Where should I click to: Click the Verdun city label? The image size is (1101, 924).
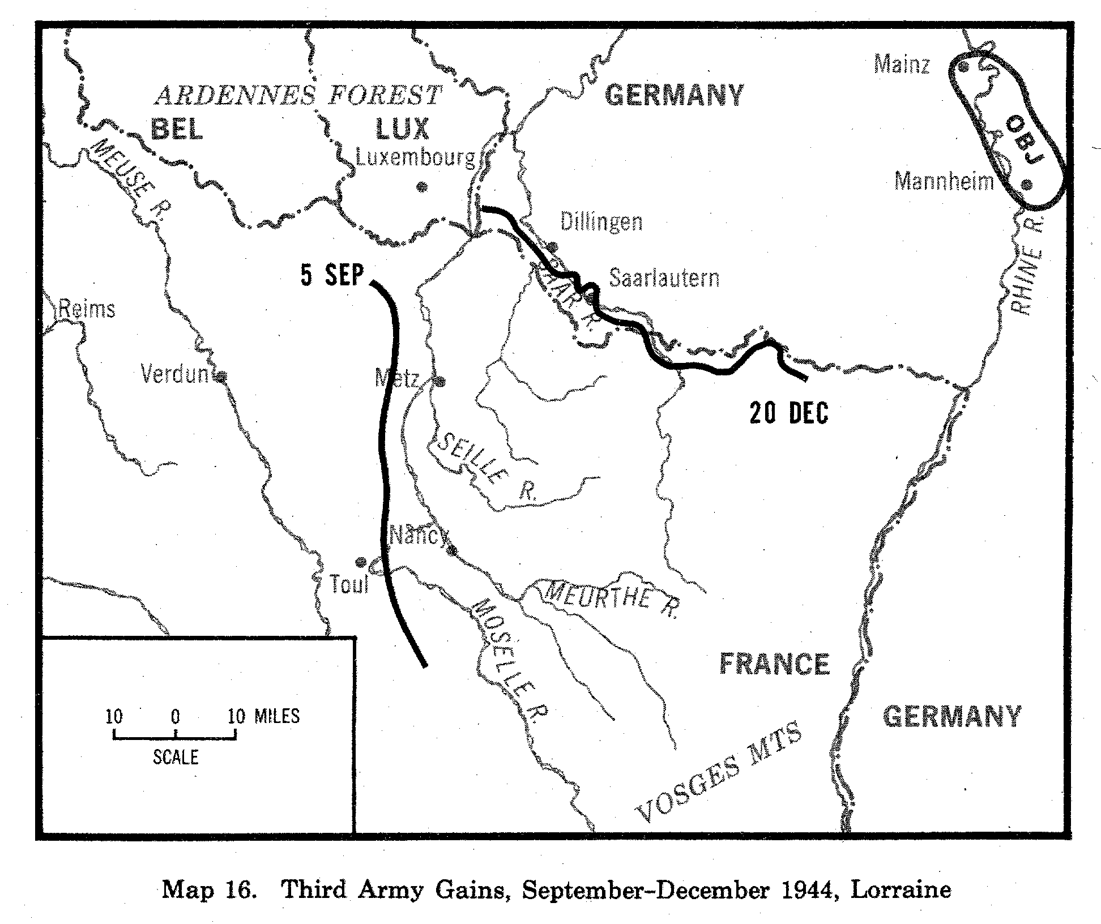click(x=174, y=374)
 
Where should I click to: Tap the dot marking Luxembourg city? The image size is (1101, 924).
click(x=421, y=187)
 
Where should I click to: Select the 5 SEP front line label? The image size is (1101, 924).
click(x=332, y=276)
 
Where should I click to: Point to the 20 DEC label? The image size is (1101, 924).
click(x=788, y=413)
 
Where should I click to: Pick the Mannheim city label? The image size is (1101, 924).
click(x=944, y=182)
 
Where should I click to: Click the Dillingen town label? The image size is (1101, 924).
click(x=601, y=221)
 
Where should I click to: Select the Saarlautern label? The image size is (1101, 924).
click(x=664, y=278)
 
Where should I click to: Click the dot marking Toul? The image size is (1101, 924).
click(x=360, y=562)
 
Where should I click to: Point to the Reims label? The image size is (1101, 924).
click(x=87, y=310)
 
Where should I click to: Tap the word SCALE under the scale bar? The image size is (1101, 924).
click(x=176, y=758)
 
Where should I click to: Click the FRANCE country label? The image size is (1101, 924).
click(x=774, y=664)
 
